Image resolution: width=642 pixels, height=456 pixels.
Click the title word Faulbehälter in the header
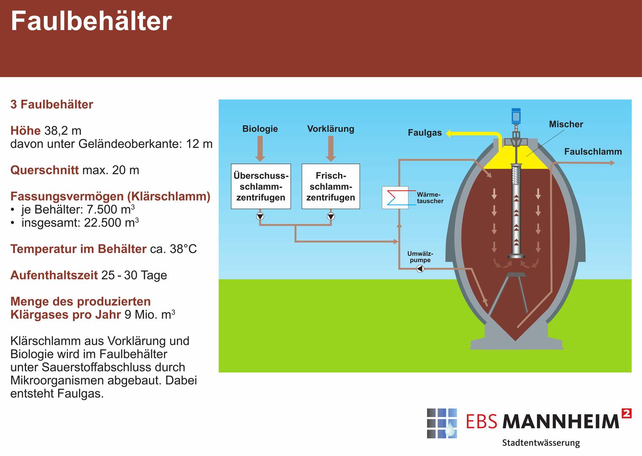pos(91,21)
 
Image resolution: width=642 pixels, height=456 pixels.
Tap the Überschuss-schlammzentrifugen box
pos(261,186)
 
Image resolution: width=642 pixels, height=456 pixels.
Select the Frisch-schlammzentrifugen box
pos(331,186)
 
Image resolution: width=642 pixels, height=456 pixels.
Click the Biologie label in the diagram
pos(260,129)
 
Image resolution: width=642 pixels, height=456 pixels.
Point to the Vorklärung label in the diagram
pos(330,129)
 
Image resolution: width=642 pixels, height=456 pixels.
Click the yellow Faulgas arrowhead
pos(449,133)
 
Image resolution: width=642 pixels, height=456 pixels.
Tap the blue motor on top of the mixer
pos(516,115)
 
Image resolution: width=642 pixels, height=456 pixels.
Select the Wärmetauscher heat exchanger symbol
pos(395,197)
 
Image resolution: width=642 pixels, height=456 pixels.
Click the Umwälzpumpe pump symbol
pos(420,269)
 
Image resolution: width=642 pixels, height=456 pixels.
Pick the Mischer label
pos(566,124)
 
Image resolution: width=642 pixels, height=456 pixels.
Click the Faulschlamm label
pos(593,152)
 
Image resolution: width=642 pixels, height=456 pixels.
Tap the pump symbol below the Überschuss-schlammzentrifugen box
pos(260,217)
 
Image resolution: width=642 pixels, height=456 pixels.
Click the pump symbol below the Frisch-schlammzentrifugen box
pos(331,217)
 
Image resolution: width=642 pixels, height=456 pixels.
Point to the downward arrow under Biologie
pos(260,149)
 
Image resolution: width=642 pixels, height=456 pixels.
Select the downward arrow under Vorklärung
pos(331,149)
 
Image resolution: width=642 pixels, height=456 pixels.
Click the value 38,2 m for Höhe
pos(63,131)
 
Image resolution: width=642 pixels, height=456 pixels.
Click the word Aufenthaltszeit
pos(54,275)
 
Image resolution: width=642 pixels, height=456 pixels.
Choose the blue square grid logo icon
pos(442,423)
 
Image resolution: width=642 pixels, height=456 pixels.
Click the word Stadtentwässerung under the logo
pos(541,443)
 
